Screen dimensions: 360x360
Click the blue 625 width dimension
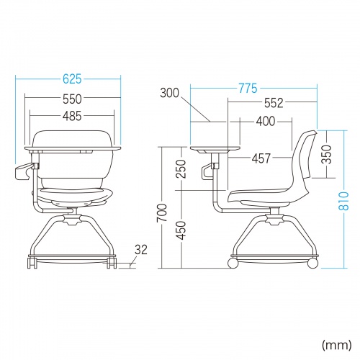pos(72,79)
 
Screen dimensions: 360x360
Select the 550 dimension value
pos(72,99)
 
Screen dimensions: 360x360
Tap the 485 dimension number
pos(72,116)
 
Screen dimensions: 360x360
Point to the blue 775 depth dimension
pos(248,88)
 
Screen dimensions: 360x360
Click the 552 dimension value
pos(274,103)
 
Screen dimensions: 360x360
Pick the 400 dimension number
pos(266,122)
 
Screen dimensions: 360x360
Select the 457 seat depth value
pos(261,158)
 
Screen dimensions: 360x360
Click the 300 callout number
pos(169,93)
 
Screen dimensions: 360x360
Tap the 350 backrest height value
pos(326,154)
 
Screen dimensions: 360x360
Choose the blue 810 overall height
pos(344,201)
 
